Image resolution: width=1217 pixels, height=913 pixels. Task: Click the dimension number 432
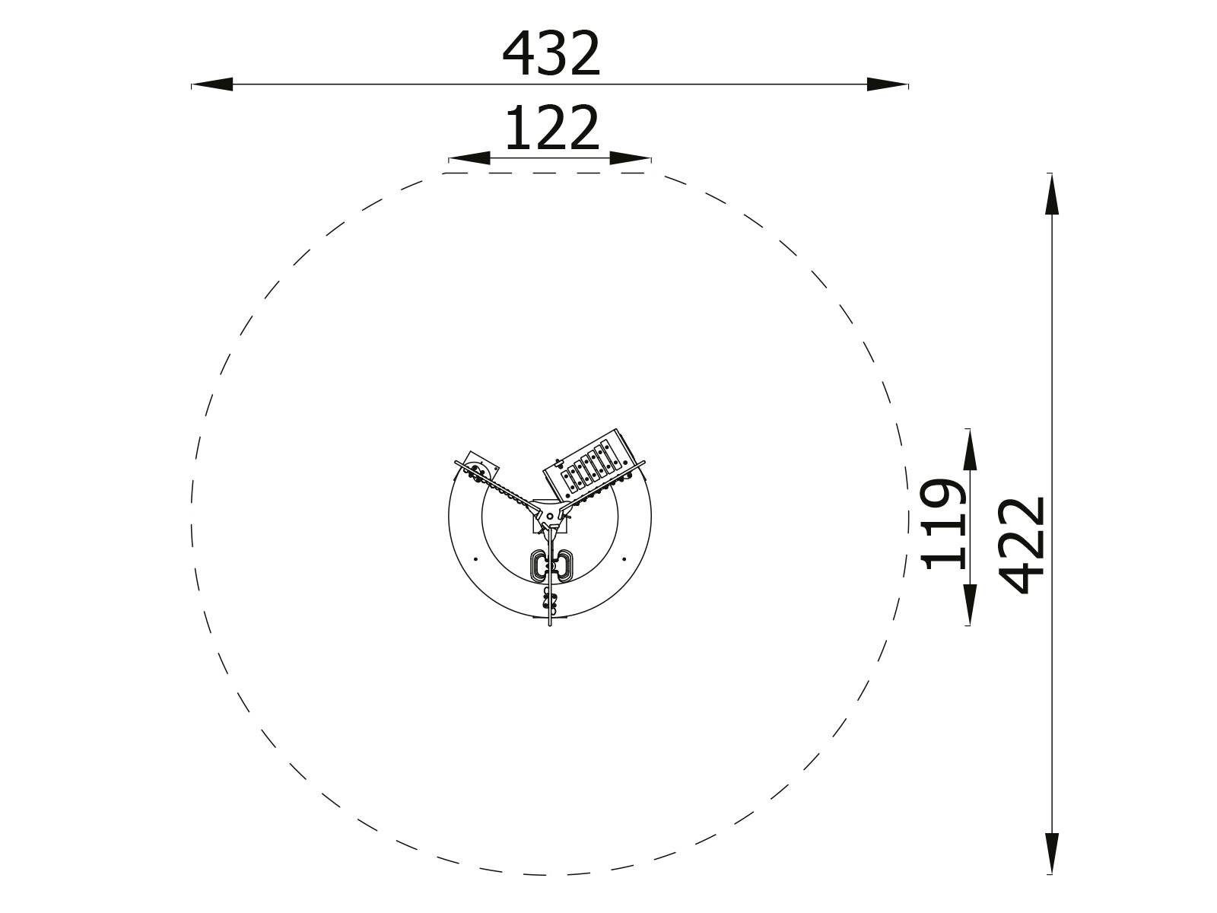551,54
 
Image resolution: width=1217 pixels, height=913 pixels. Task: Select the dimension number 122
552,128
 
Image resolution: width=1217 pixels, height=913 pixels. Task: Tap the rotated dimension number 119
942,524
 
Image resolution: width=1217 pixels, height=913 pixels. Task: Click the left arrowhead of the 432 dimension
211,84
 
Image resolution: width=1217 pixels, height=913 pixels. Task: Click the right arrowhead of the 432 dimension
887,84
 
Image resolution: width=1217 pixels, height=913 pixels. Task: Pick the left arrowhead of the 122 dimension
469,158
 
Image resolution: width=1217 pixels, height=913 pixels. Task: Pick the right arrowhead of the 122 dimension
631,158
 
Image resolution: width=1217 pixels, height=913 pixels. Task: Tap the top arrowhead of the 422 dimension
1052,193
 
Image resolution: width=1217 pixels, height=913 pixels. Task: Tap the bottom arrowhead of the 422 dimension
1052,854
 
